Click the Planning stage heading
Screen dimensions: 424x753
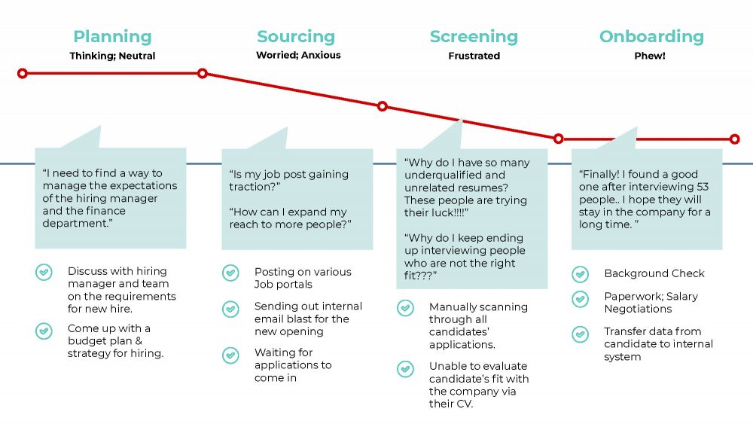(112, 36)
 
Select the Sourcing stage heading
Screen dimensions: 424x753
(296, 36)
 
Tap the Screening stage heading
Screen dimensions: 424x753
(474, 36)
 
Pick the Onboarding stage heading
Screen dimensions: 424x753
(651, 36)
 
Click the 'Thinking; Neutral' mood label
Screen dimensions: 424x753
(112, 56)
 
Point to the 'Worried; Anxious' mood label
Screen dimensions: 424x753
(298, 55)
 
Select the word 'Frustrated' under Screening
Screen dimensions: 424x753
(474, 56)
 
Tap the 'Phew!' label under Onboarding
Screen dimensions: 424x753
(650, 56)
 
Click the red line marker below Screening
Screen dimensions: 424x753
(383, 106)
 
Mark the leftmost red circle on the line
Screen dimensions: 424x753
(23, 73)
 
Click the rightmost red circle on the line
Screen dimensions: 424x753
(735, 139)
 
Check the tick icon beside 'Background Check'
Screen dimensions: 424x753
(580, 274)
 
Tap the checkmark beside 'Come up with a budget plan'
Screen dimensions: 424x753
(44, 331)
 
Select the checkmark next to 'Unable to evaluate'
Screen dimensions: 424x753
(405, 369)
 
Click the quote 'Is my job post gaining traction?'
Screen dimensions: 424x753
(288, 180)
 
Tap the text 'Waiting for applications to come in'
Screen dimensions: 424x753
(293, 365)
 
